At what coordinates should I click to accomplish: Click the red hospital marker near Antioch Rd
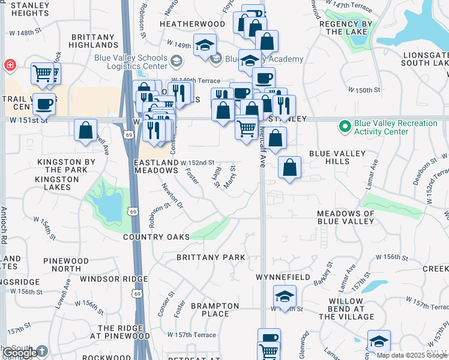coord(10,65)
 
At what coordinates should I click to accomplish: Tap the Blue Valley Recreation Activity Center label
coord(396,128)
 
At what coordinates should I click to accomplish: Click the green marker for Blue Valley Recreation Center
coord(345,127)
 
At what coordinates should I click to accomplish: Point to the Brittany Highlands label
coord(94,41)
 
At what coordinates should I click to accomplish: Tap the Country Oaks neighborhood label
coord(157,237)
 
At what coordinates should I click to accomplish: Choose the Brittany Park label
coord(211,257)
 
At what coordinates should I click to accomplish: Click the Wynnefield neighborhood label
coord(283,278)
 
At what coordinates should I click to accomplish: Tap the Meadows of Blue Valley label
coord(346,217)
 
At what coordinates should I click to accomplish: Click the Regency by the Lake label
coord(346,28)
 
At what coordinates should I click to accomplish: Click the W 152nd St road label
coord(198,163)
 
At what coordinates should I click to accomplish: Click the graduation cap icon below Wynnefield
coord(285,295)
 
